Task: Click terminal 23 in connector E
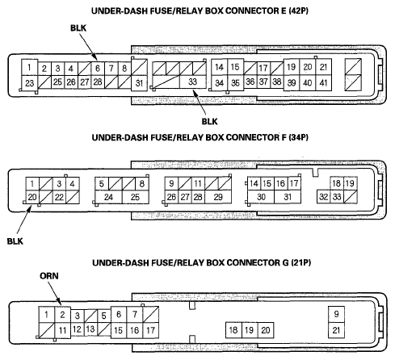[30, 83]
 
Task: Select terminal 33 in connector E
[193, 82]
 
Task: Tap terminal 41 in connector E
[323, 83]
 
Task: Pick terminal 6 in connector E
[98, 69]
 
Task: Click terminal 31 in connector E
[139, 83]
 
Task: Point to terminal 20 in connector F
[32, 197]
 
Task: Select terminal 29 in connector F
[218, 197]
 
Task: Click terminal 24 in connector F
[108, 197]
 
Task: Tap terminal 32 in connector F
[324, 197]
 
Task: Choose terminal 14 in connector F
[254, 183]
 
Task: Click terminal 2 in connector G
[63, 315]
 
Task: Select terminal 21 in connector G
[336, 330]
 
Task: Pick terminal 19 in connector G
[250, 330]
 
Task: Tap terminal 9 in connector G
[336, 314]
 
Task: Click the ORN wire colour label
[49, 276]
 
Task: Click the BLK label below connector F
[15, 241]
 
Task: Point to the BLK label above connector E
[78, 28]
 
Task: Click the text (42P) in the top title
[298, 10]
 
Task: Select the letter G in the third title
[285, 262]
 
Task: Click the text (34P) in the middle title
[298, 137]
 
